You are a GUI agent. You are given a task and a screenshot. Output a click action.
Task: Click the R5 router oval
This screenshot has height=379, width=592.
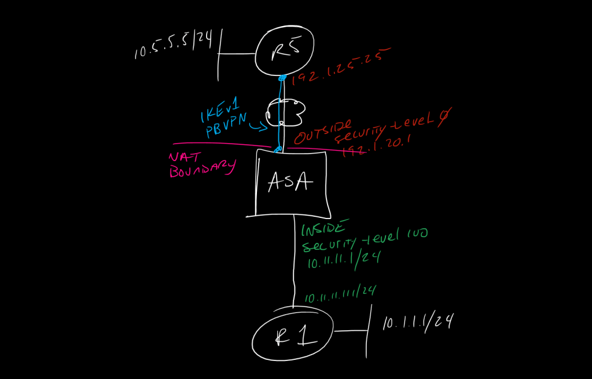point(285,53)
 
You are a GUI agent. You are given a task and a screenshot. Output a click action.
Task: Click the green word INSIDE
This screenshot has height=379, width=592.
point(325,228)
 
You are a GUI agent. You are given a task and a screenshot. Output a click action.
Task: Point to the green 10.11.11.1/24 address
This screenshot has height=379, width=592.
point(343,260)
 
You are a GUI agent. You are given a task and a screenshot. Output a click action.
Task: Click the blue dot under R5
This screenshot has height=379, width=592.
point(283,78)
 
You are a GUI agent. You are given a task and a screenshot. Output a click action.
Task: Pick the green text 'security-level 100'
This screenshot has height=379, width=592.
point(364,240)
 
